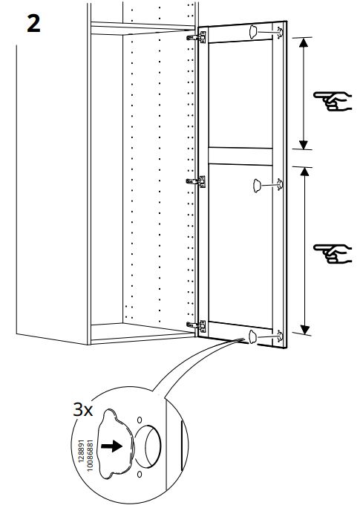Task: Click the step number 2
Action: point(33,24)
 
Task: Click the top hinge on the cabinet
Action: point(197,37)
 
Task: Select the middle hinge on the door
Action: point(196,181)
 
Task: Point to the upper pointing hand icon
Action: point(333,101)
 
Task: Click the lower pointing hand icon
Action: point(333,253)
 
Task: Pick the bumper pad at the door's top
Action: point(253,32)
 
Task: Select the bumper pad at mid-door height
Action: point(257,186)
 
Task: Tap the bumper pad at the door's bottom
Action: point(252,336)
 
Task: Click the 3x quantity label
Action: point(82,410)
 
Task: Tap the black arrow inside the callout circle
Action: point(111,446)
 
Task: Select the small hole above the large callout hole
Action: point(140,420)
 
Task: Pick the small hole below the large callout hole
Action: point(140,474)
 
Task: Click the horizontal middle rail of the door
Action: point(240,156)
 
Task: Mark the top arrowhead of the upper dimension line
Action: point(304,42)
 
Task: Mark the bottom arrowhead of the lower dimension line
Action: point(304,330)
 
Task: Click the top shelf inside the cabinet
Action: point(143,28)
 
